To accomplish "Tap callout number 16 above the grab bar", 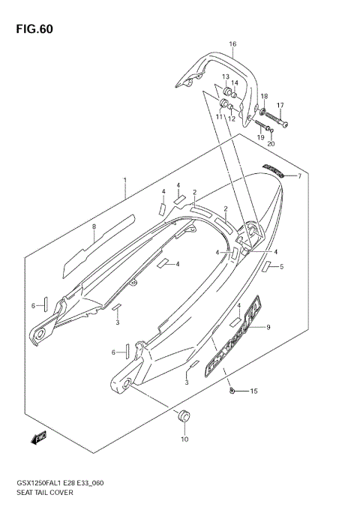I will [x=232, y=44].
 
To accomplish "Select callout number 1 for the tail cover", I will [x=124, y=181].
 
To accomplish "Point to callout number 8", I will [x=94, y=226].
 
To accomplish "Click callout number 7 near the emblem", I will [x=298, y=176].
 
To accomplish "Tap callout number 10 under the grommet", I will [x=184, y=439].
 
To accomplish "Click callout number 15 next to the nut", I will [x=253, y=391].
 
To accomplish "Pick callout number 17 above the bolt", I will [x=280, y=105].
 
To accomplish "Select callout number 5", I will [x=281, y=267].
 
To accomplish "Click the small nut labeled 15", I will [x=232, y=391].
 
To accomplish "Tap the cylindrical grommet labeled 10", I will [x=184, y=416].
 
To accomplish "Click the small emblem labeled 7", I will [x=273, y=171].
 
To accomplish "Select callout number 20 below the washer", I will [x=271, y=143].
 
